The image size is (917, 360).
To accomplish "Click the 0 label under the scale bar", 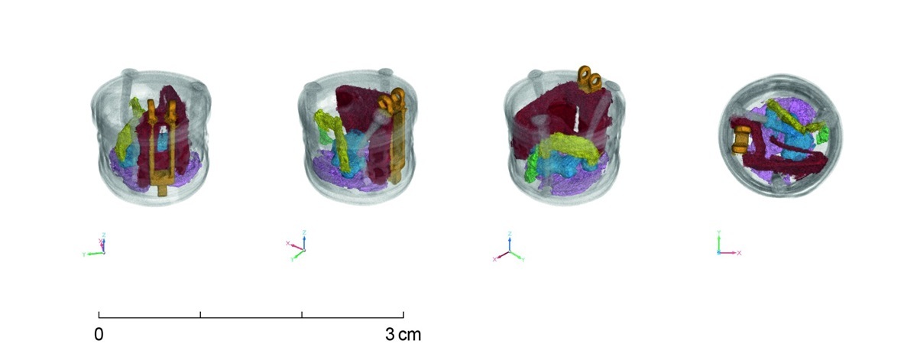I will (x=99, y=335).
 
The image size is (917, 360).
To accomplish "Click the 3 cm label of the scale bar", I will (x=402, y=335).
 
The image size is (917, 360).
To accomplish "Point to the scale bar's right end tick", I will (x=403, y=313).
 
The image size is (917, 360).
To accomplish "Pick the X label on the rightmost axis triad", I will (x=739, y=252).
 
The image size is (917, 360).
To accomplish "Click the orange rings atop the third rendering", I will (x=589, y=78).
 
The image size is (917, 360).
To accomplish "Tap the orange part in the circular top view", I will (x=740, y=139).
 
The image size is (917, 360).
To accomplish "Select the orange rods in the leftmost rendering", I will (x=162, y=149).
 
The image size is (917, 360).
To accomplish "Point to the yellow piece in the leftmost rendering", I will (x=126, y=128).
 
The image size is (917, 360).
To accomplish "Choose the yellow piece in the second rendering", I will (x=336, y=134).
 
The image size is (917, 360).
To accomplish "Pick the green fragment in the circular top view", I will (x=822, y=137).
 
